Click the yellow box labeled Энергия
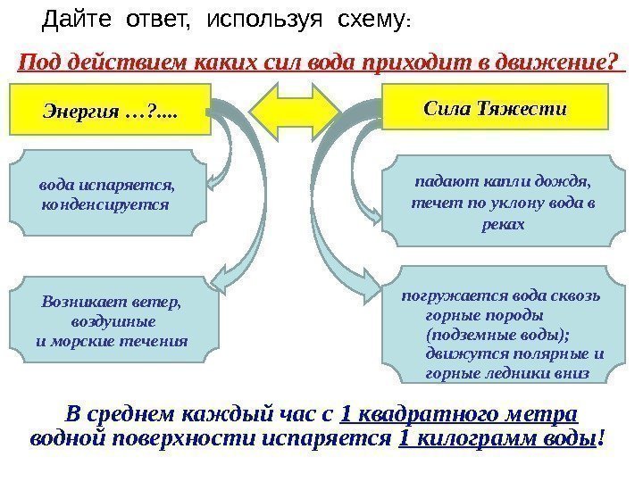[111, 110]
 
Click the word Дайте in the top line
[74, 17]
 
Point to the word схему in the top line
[368, 17]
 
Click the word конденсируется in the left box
[104, 204]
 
